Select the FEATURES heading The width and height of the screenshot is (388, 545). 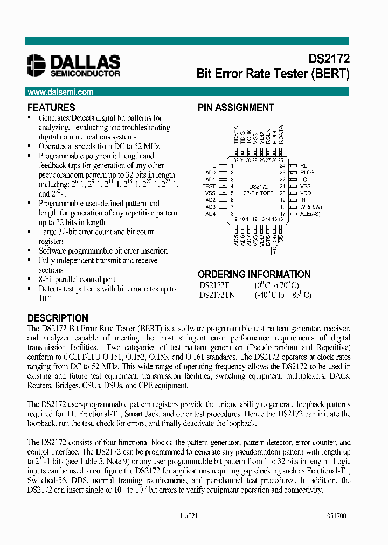point(51,107)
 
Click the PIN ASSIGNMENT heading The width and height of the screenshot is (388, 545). point(235,107)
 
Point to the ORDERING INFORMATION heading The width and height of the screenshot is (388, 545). point(254,274)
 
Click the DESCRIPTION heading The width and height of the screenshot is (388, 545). point(58,318)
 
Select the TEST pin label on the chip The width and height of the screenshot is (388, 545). point(209,186)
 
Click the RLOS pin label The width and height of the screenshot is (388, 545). point(307,173)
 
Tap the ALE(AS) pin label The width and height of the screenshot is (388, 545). point(309,214)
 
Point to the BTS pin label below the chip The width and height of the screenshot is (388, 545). point(268,239)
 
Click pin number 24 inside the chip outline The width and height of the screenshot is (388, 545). point(281,166)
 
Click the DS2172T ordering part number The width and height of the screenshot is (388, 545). point(215,285)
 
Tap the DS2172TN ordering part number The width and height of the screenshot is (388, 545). point(217,295)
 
